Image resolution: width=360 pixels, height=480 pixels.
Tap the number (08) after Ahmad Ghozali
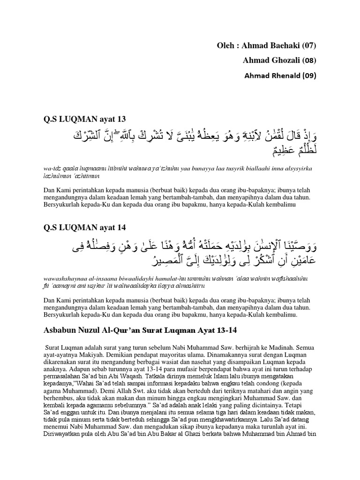[x=307, y=60]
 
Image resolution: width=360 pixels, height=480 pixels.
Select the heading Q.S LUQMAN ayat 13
[x=84, y=119]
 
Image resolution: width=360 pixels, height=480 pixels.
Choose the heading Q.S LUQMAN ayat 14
[x=84, y=227]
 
